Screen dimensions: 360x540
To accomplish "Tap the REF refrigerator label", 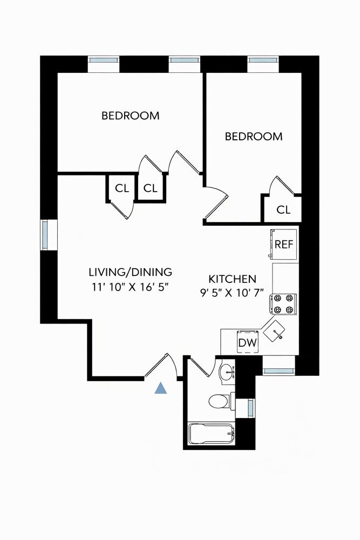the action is [284, 245].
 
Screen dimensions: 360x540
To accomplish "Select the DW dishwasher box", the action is [248, 342].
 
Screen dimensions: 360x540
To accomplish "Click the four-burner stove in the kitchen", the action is [284, 304].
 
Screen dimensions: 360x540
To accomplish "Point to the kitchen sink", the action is [274, 330].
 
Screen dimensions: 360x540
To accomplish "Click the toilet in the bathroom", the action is [219, 401].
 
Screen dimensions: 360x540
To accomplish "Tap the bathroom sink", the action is [227, 372].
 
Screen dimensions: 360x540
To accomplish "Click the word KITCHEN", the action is [233, 279].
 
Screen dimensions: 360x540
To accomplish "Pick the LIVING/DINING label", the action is [131, 272].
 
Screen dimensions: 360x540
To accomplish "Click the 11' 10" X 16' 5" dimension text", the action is [131, 287].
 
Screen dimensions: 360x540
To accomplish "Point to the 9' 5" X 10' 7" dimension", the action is [232, 293].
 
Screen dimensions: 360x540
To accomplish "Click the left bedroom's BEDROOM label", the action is [131, 116].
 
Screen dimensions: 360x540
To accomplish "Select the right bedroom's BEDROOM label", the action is [254, 137].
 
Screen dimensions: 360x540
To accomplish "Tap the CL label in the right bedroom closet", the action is [283, 210].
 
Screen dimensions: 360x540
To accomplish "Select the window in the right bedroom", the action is [262, 60].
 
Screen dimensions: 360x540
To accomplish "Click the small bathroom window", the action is [250, 408].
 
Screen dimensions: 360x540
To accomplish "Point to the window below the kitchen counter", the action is [279, 371].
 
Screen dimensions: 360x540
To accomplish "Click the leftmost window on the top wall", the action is [104, 60].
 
